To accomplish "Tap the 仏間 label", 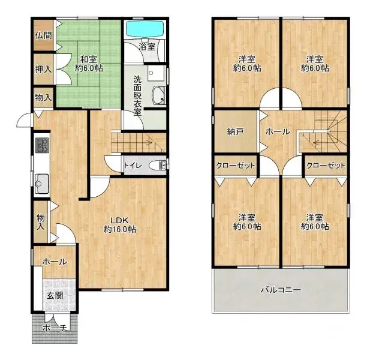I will tap(43, 35).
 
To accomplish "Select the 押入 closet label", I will tap(43, 70).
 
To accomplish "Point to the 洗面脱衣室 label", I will tap(138, 95).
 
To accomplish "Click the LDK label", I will tap(120, 224).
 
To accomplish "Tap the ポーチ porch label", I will tap(55, 328).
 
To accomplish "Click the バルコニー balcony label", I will tap(281, 290).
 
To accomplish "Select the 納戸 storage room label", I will tap(235, 131).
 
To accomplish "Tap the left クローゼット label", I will tap(236, 165).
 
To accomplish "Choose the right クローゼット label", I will tap(326, 165).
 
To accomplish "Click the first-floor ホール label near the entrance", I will tap(54, 262).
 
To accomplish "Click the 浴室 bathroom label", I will tap(146, 46).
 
